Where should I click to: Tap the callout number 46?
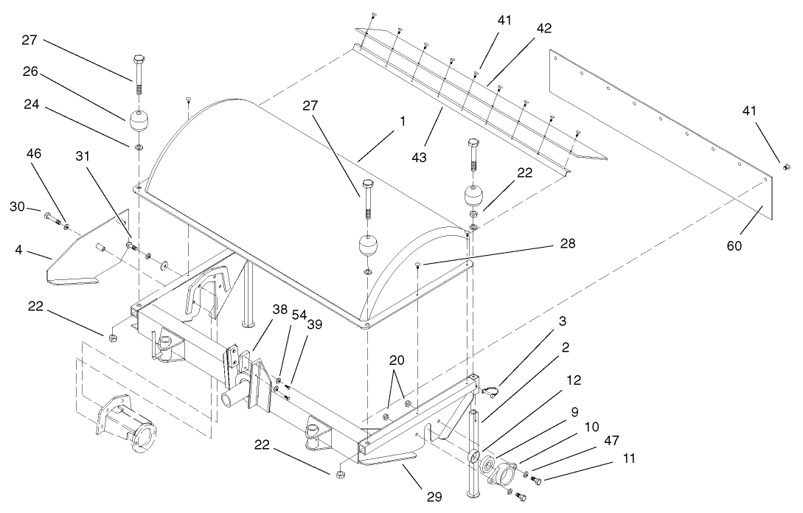click(34, 154)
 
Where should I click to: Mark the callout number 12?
click(574, 380)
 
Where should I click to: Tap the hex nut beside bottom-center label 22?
click(340, 472)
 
